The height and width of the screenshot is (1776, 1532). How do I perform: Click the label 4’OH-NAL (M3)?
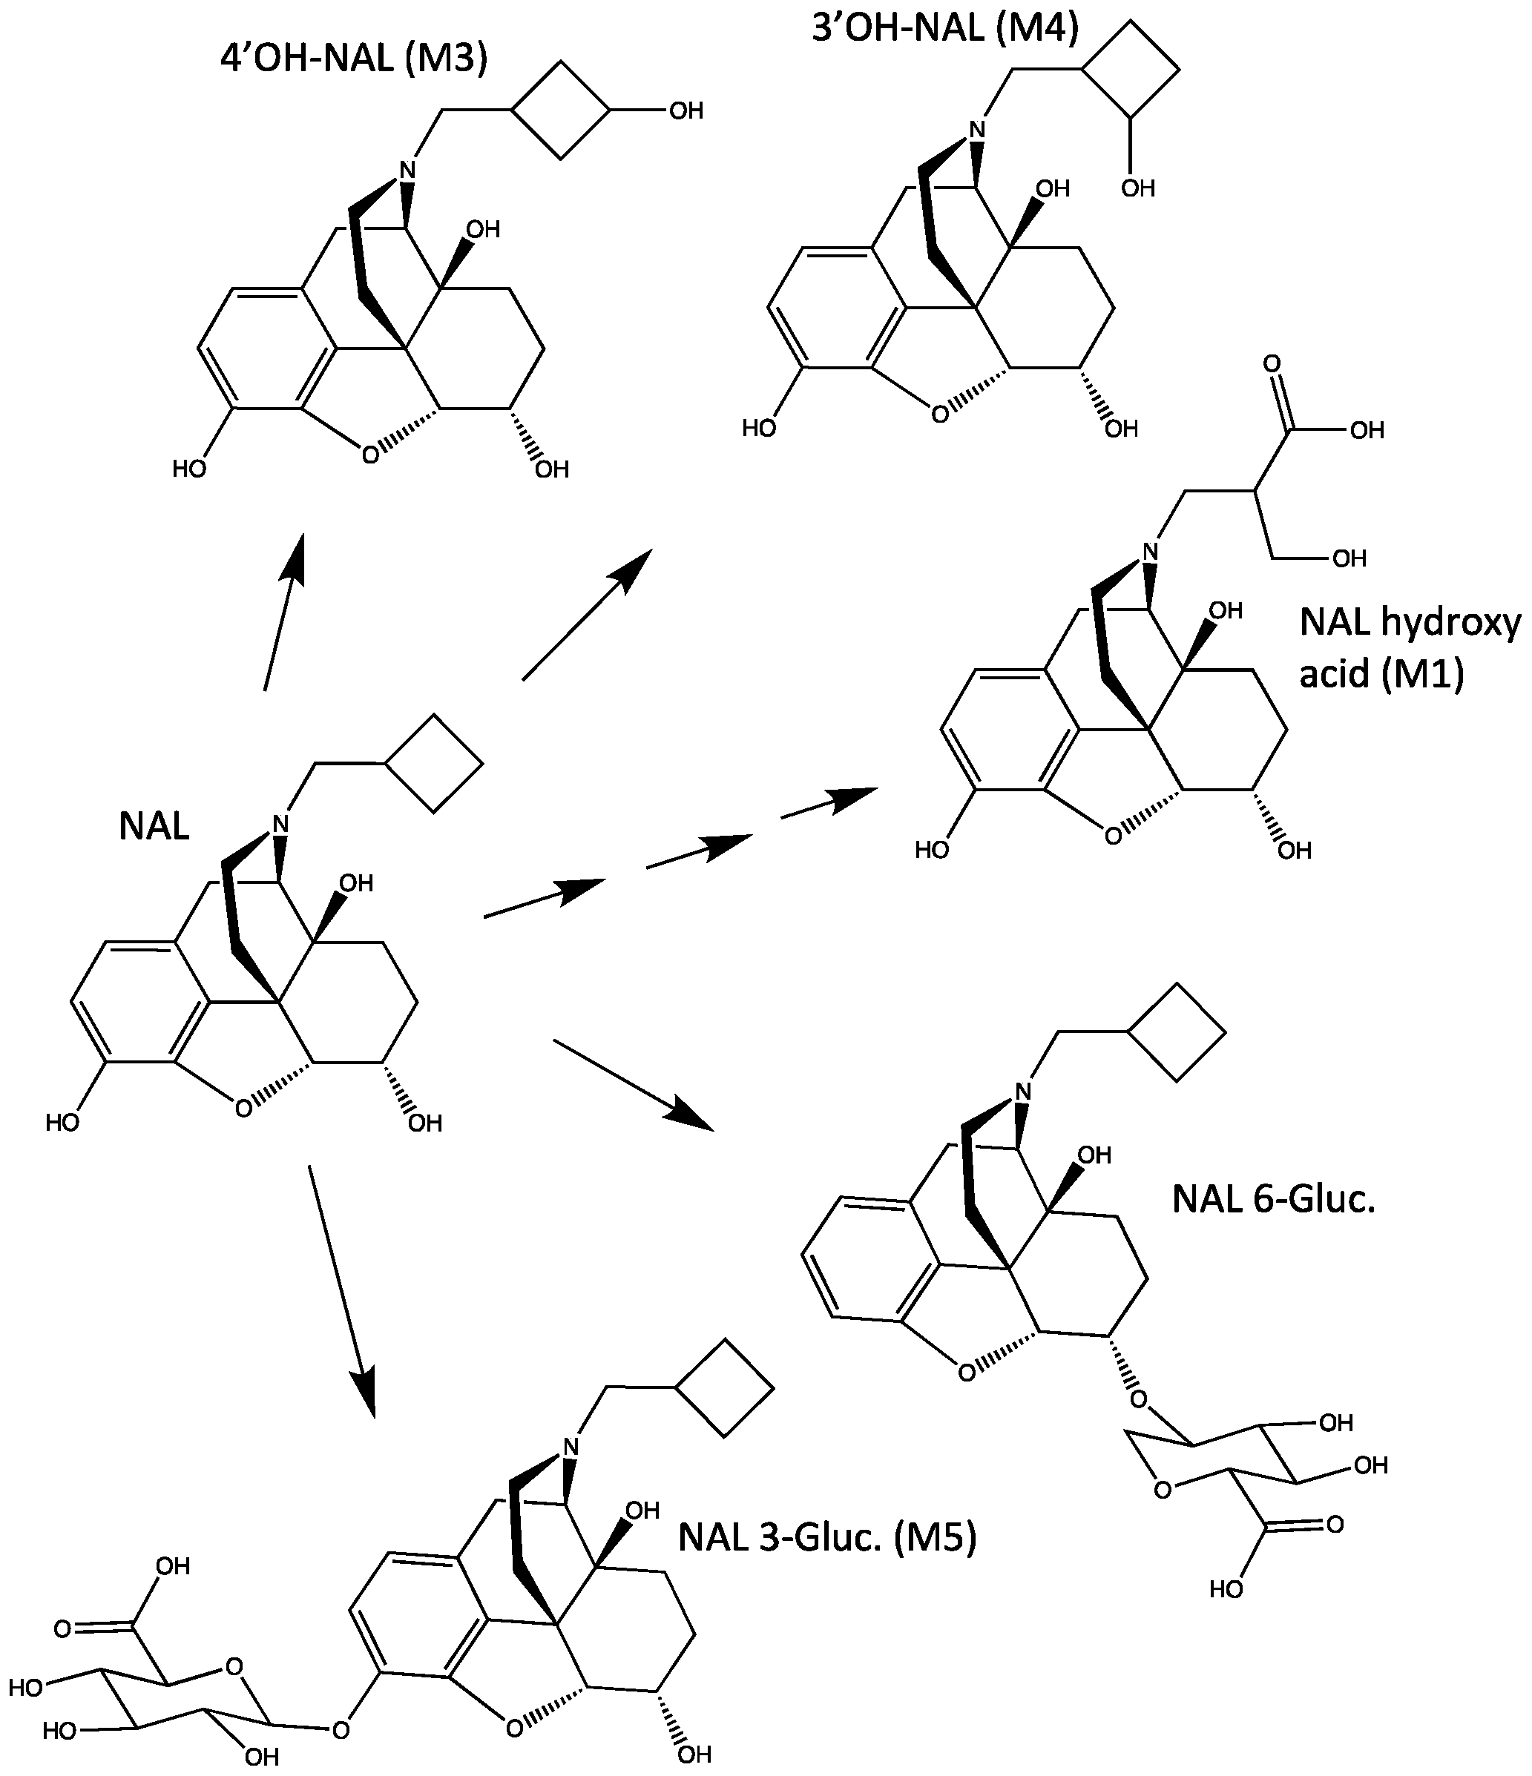coord(353,60)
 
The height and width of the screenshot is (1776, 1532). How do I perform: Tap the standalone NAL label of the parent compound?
coord(154,827)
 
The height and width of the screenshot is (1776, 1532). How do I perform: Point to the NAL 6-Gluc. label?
coord(1273,1199)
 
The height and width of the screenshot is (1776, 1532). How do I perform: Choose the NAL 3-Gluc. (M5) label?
coord(827,1538)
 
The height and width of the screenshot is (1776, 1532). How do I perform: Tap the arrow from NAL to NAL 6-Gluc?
coord(634,1085)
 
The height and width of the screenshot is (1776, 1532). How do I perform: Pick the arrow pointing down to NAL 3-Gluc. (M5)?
coord(342,1291)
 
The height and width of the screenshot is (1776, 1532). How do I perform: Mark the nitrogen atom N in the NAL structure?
coord(280,825)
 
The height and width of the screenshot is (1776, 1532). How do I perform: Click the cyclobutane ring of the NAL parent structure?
coord(434,763)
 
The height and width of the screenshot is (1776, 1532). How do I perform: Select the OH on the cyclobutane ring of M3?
coord(686,110)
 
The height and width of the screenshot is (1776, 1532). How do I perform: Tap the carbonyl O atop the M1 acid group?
coord(1272,364)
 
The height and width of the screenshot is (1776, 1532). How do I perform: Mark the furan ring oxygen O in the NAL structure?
coord(243,1109)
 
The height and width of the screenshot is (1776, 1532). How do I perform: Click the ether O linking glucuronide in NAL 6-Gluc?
coord(1139,1400)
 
